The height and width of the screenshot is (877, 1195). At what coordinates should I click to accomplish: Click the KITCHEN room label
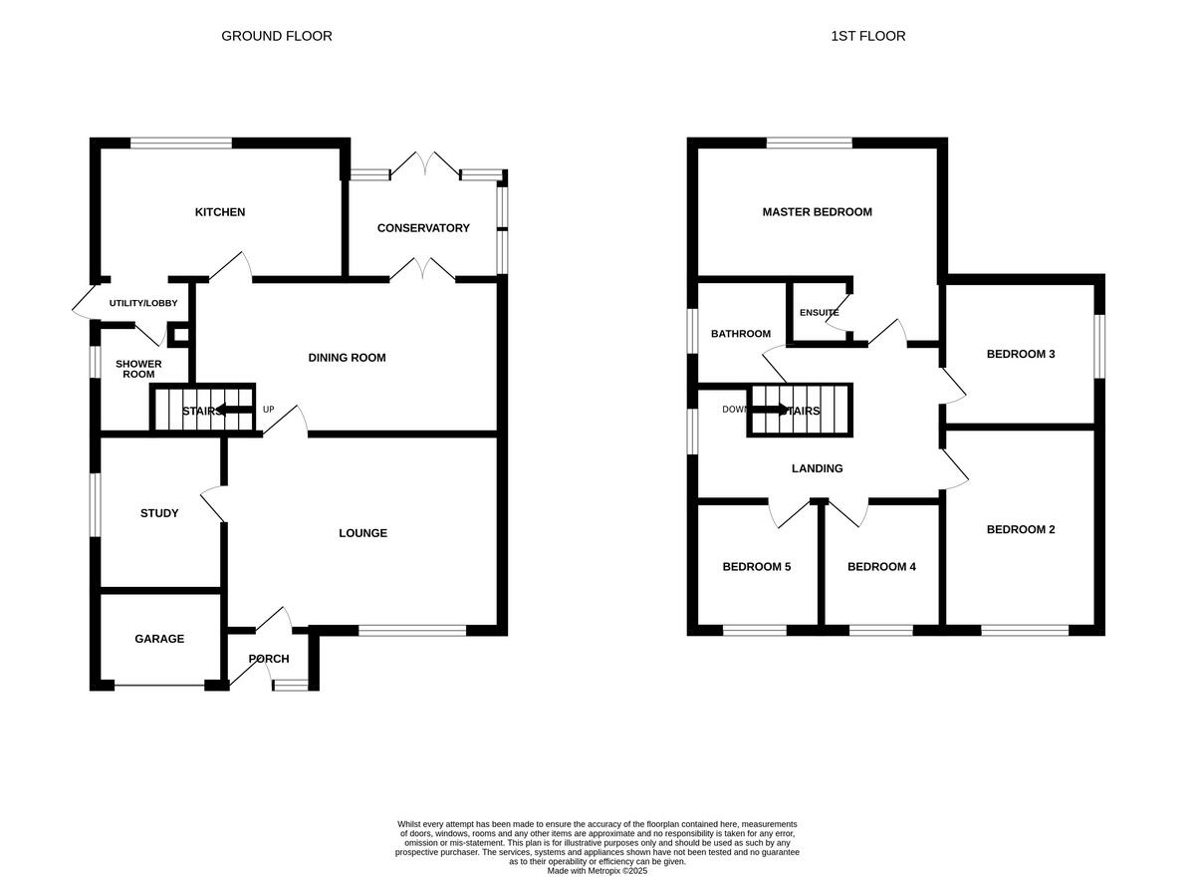coord(220,212)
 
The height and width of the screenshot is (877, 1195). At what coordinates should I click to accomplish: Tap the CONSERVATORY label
coord(423,228)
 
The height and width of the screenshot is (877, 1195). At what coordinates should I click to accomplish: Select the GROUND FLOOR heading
coord(277,36)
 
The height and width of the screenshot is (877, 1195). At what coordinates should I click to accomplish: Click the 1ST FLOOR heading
coord(868,36)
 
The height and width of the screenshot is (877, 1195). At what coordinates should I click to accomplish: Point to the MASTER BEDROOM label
coord(817,212)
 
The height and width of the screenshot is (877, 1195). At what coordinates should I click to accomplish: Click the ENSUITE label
coord(819,313)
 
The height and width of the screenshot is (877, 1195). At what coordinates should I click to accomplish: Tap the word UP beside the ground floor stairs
coord(268,410)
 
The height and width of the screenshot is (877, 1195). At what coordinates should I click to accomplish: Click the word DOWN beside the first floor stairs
coord(735,410)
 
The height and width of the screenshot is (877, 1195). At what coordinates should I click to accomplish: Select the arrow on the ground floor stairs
coord(234,410)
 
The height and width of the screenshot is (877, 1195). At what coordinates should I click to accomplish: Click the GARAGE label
coord(159,639)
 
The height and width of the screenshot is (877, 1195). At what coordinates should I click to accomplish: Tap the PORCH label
coord(269,659)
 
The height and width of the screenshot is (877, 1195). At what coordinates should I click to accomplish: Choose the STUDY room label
coord(159,513)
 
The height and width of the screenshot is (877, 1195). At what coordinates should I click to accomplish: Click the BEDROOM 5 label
coord(757,567)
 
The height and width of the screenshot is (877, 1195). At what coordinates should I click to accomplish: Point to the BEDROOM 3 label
coord(1021,354)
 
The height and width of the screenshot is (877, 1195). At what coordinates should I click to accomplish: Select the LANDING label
coord(817,468)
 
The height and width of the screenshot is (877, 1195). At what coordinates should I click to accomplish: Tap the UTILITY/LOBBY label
coord(143,303)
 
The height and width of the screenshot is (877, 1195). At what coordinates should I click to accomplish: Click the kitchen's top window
coord(181,143)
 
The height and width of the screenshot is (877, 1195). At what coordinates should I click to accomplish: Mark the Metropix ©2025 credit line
coord(597,870)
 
